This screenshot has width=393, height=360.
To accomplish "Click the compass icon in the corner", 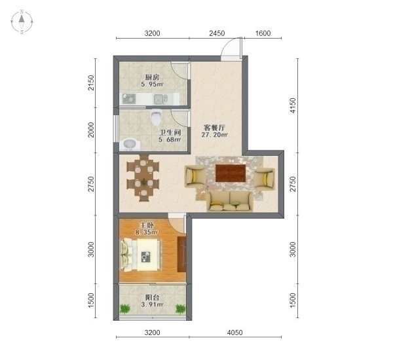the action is pos(22,22).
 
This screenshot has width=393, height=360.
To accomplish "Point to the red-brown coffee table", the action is pos(231,173).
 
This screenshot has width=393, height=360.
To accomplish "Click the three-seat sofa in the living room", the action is pos(230,201).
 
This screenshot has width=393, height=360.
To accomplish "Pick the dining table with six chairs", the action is pos(143,178).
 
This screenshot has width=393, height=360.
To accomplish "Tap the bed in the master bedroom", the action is pos(141,255).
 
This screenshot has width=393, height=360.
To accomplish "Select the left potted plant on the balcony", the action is pos(124,309).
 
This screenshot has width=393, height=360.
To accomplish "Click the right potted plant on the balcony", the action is pos(181,309).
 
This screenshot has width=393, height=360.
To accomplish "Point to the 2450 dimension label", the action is pos(217,33).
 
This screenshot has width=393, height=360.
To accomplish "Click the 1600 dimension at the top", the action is pos(263,33).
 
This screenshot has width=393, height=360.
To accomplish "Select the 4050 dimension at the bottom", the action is pos(235,333).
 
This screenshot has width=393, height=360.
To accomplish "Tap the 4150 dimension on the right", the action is pos(293,105).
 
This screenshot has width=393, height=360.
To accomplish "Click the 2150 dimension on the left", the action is pos(91,82).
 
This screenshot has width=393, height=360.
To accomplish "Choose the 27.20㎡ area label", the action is pos(215,135).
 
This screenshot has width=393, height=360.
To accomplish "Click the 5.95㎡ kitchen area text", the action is pos(152,84).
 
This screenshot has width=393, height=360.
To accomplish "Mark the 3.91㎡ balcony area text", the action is pos(152,305).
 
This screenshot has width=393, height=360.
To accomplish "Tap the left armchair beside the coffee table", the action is pos(195,177).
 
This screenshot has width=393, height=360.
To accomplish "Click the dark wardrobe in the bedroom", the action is pos(181,254).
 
